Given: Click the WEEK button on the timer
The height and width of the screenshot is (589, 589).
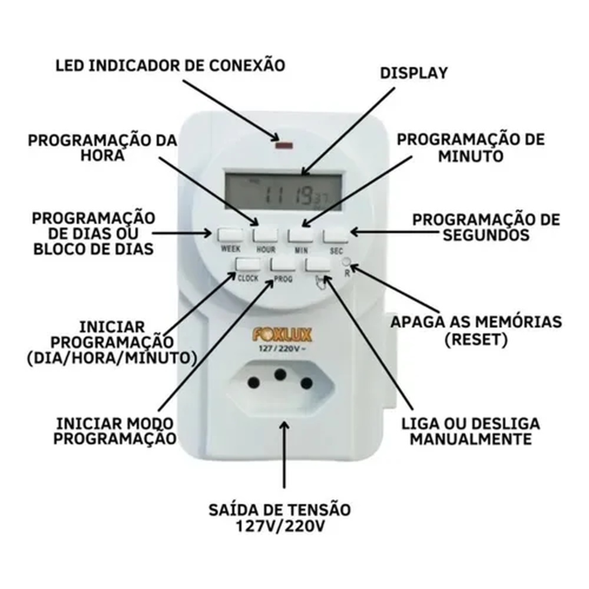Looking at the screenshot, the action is tap(230, 235).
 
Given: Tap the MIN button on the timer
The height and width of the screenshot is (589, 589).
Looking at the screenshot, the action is tap(300, 236).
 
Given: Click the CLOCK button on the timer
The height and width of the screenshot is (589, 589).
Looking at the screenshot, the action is tap(247, 264).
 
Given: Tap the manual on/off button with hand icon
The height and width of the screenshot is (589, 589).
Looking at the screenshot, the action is tap(318, 265).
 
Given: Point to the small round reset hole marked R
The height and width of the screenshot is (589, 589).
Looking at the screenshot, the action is tap(346, 262).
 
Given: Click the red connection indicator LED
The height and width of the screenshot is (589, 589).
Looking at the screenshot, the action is tap(284, 145).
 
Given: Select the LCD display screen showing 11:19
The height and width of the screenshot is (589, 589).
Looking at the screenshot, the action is tap(284, 193).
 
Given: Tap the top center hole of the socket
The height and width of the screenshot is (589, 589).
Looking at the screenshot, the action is tap(280, 374).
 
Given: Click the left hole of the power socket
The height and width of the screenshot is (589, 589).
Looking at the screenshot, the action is tap(254, 383).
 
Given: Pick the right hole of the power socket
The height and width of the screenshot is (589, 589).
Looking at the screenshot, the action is tap(306, 383).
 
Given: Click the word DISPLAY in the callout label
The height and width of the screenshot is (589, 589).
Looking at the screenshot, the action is tap(414, 73).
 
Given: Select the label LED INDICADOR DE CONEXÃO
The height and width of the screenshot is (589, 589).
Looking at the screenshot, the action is tap(171, 65).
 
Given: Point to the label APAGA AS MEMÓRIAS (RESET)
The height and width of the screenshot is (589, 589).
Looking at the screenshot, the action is tap(477, 330).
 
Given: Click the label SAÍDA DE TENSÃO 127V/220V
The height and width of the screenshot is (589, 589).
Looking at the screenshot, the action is tap(280, 518).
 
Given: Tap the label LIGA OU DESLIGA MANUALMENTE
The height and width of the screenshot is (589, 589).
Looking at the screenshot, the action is tap(471, 431).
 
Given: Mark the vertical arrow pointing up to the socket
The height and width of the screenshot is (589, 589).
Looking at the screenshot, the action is tap(284, 455).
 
